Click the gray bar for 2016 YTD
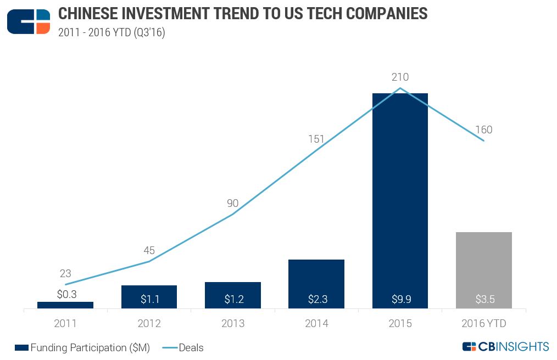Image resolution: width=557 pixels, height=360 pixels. coord(483,270)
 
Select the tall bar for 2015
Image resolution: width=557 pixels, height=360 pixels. coord(400,200)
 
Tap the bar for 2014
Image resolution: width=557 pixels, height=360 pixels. coord(316,284)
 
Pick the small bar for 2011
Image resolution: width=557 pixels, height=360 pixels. coord(65,305)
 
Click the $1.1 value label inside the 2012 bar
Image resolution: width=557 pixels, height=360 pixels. coord(149,299)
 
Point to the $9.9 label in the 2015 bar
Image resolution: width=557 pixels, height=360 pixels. coord(400,299)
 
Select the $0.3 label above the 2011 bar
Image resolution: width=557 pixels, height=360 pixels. coord(66,294)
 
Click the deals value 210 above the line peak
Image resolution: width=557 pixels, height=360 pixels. coord(400,77)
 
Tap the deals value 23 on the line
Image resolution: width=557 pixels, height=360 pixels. coord(65,273)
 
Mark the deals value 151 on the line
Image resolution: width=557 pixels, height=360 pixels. coord(316,139)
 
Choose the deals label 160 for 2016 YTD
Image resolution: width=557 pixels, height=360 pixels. coord(483,130)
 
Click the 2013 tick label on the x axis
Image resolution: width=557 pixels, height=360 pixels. coord(233,324)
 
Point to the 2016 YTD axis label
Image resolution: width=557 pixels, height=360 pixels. coord(483,324)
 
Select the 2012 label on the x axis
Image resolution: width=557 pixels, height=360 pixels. coord(149,324)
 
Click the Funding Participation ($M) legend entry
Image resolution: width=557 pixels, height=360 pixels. coord(82,347)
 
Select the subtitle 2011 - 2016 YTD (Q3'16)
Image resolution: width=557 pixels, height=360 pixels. coord(112,32)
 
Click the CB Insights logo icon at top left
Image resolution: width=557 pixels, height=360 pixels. coord(29,21)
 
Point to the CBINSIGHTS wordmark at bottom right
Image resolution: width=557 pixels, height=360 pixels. coord(506,346)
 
